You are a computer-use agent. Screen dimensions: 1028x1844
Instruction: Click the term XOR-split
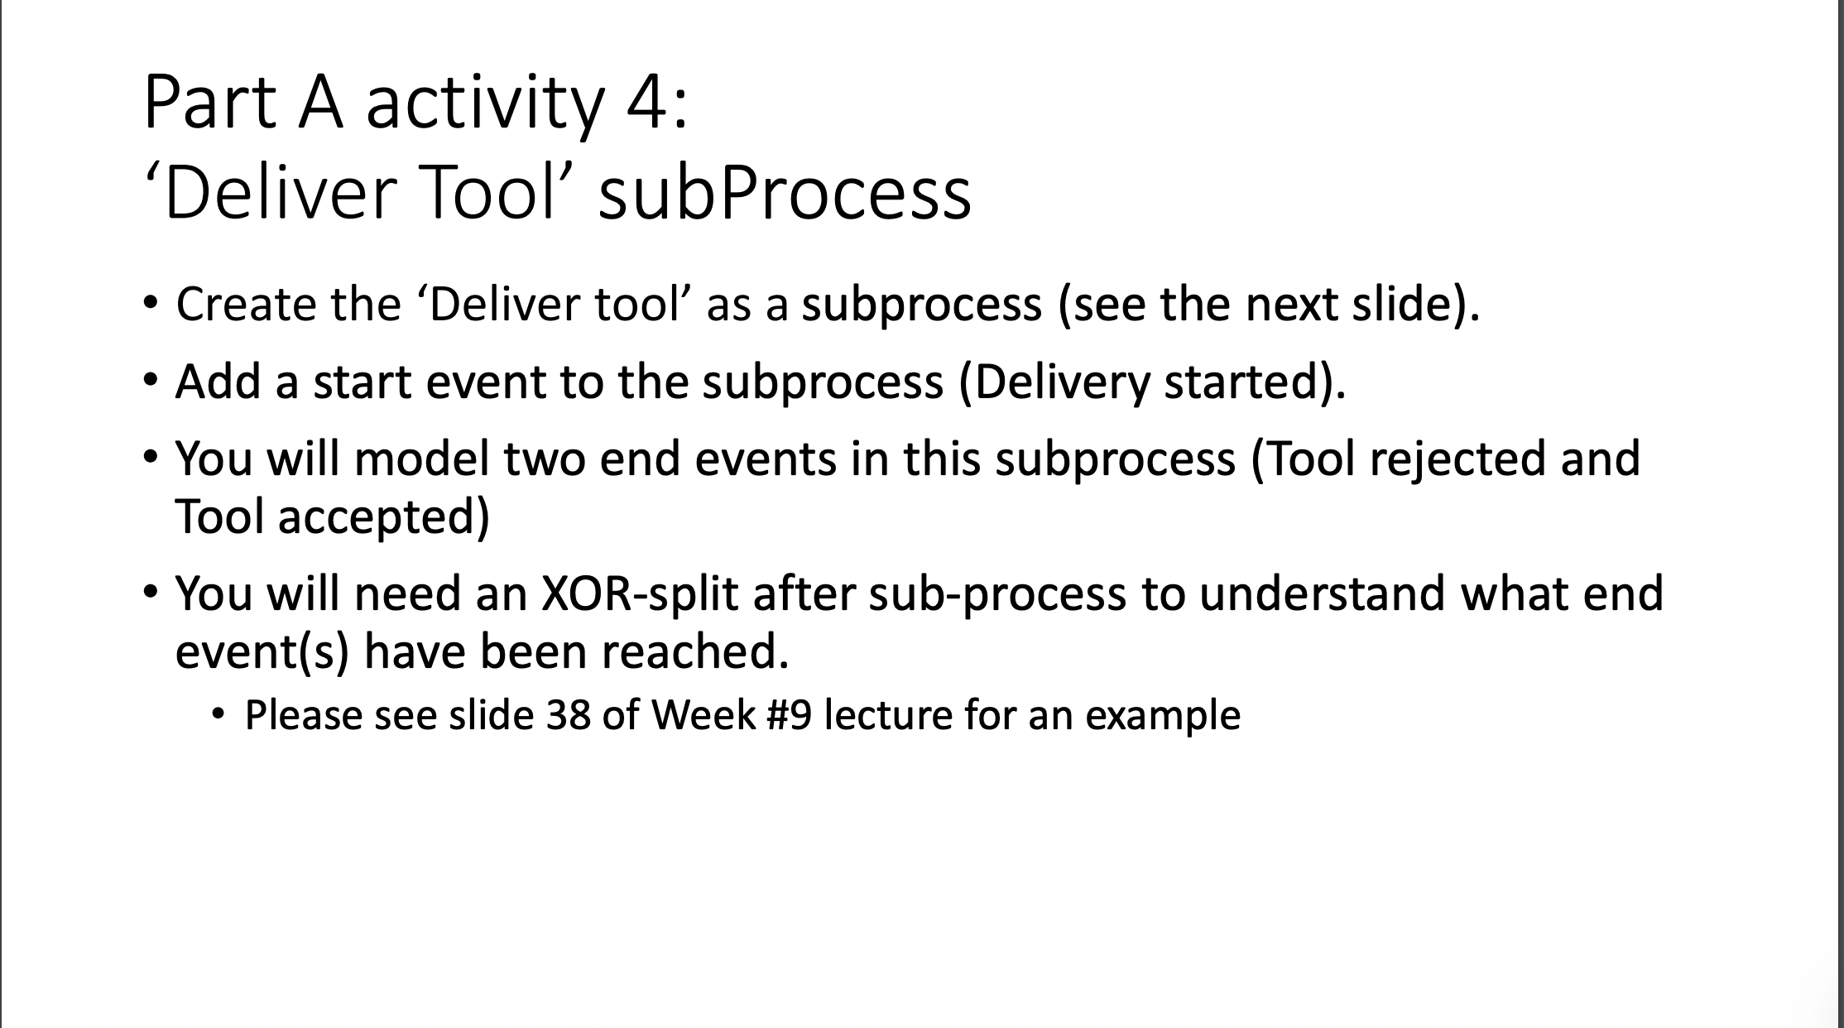pos(639,593)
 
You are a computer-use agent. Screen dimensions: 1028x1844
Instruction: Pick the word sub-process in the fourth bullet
pos(996,593)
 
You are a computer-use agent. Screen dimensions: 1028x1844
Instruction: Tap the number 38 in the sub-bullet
pos(568,715)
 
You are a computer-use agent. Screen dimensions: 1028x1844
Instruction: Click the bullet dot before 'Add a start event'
pos(149,382)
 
